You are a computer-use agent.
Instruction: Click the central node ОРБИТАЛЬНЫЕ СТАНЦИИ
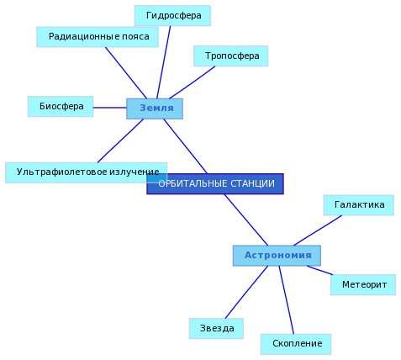click(x=215, y=183)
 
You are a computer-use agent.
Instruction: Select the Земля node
click(x=155, y=109)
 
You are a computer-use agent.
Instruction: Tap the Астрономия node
click(x=277, y=256)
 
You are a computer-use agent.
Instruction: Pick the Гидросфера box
click(x=172, y=16)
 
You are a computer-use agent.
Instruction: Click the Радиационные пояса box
click(x=98, y=37)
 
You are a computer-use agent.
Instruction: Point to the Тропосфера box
click(x=231, y=56)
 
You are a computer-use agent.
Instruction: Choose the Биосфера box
click(x=61, y=107)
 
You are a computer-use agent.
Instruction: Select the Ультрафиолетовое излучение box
click(x=87, y=172)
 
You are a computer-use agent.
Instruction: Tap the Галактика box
click(x=359, y=205)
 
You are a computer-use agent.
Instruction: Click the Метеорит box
click(x=363, y=285)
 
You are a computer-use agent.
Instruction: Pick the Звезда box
click(x=216, y=329)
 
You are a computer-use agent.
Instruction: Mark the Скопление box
click(x=296, y=344)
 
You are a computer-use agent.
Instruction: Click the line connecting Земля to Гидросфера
click(x=164, y=62)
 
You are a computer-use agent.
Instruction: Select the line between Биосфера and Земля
click(x=110, y=108)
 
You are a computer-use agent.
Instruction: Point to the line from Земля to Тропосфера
click(x=193, y=82)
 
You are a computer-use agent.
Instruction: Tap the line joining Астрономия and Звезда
click(x=246, y=292)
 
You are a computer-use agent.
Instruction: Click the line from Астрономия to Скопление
click(x=287, y=300)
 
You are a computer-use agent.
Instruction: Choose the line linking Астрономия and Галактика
click(x=318, y=230)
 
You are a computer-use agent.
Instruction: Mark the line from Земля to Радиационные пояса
click(x=126, y=73)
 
